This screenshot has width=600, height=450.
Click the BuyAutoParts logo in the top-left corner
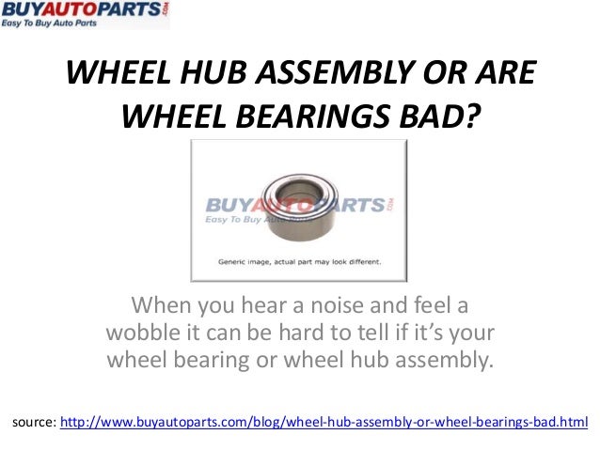[x=84, y=15]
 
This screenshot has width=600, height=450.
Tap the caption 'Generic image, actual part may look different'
[x=300, y=263]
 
